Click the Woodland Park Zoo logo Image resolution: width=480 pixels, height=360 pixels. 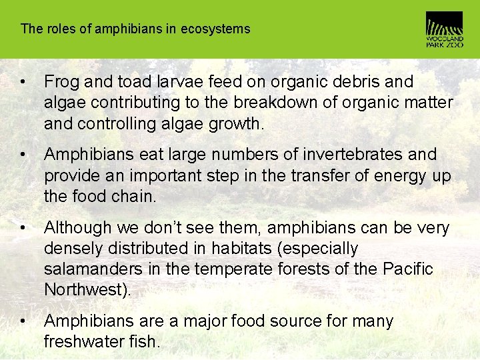pos(444,29)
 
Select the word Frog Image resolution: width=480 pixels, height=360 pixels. pos(61,82)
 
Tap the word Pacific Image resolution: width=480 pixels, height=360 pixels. pos(408,269)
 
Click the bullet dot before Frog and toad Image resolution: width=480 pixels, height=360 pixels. pos(23,83)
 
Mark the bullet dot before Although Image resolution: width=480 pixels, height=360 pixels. pos(23,229)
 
